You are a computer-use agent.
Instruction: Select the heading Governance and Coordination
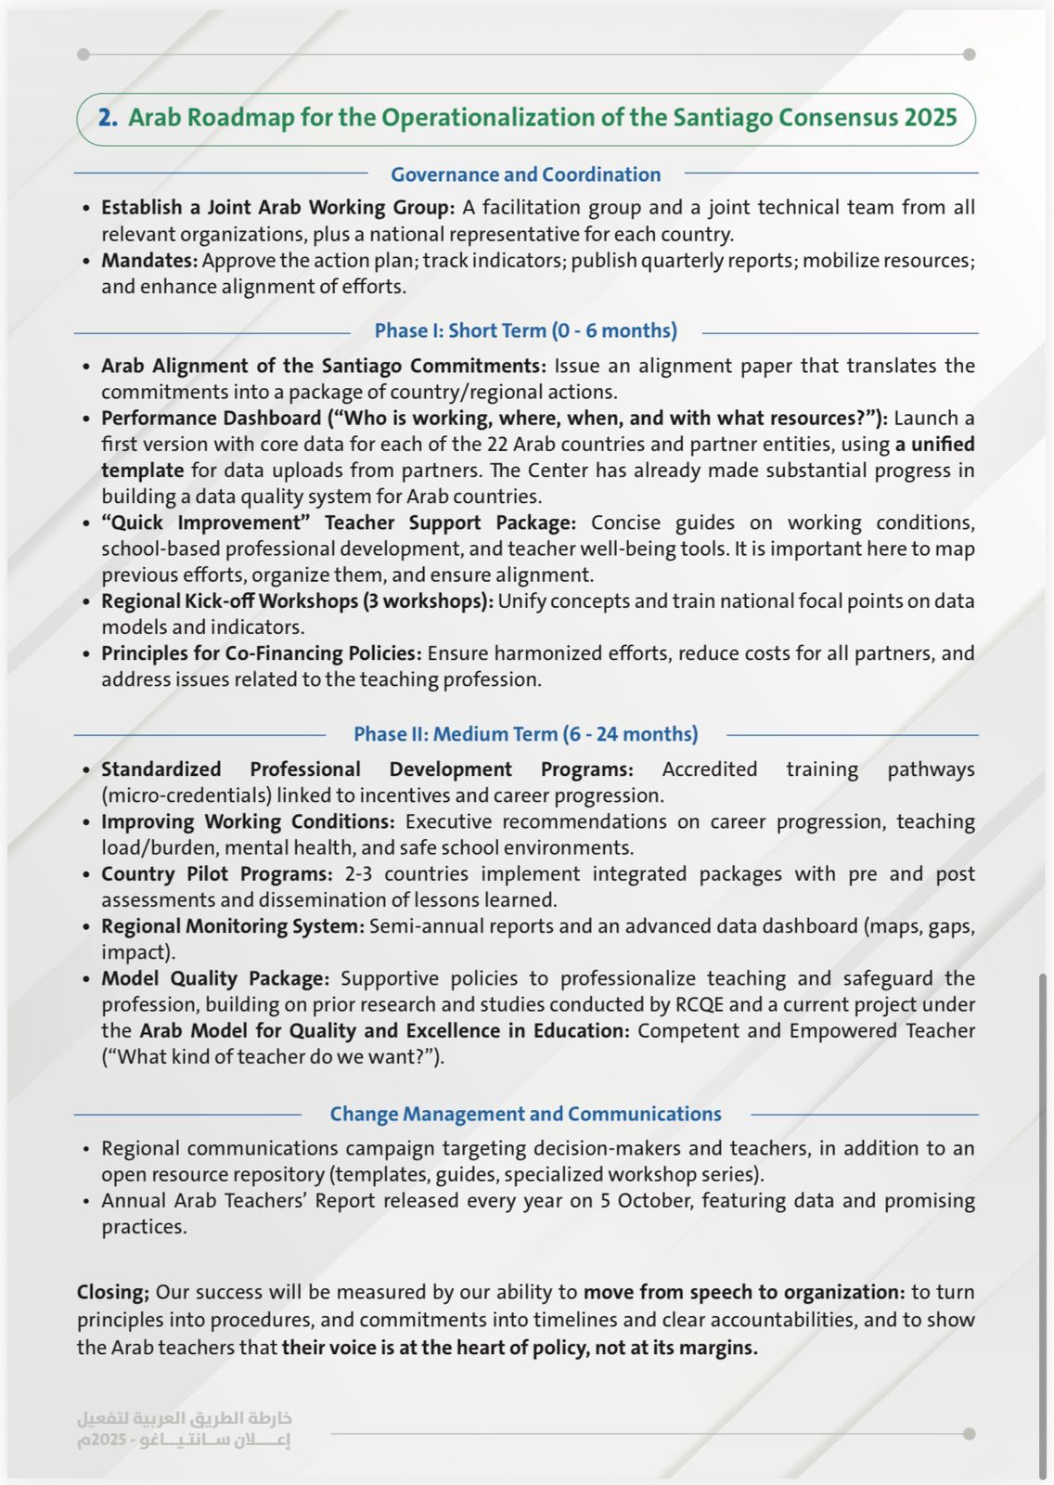pyautogui.click(x=525, y=174)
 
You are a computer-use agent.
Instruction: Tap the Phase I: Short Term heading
pyautogui.click(x=525, y=330)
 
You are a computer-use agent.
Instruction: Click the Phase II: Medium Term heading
pyautogui.click(x=525, y=734)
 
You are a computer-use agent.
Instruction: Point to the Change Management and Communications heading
pyautogui.click(x=525, y=1114)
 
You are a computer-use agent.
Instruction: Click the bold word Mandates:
pyautogui.click(x=149, y=261)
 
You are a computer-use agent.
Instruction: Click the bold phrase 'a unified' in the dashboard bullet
pyautogui.click(x=934, y=445)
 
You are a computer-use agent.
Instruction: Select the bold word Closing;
pyautogui.click(x=112, y=1292)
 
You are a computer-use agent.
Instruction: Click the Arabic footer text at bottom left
pyautogui.click(x=184, y=1429)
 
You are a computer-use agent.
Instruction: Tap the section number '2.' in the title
pyautogui.click(x=108, y=118)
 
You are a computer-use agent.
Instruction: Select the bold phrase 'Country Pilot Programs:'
pyautogui.click(x=216, y=874)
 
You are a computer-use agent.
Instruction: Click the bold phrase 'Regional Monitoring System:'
pyautogui.click(x=232, y=926)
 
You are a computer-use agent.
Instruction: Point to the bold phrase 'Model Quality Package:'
pyautogui.click(x=214, y=978)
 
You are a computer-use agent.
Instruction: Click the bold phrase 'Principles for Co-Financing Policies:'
pyautogui.click(x=261, y=653)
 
